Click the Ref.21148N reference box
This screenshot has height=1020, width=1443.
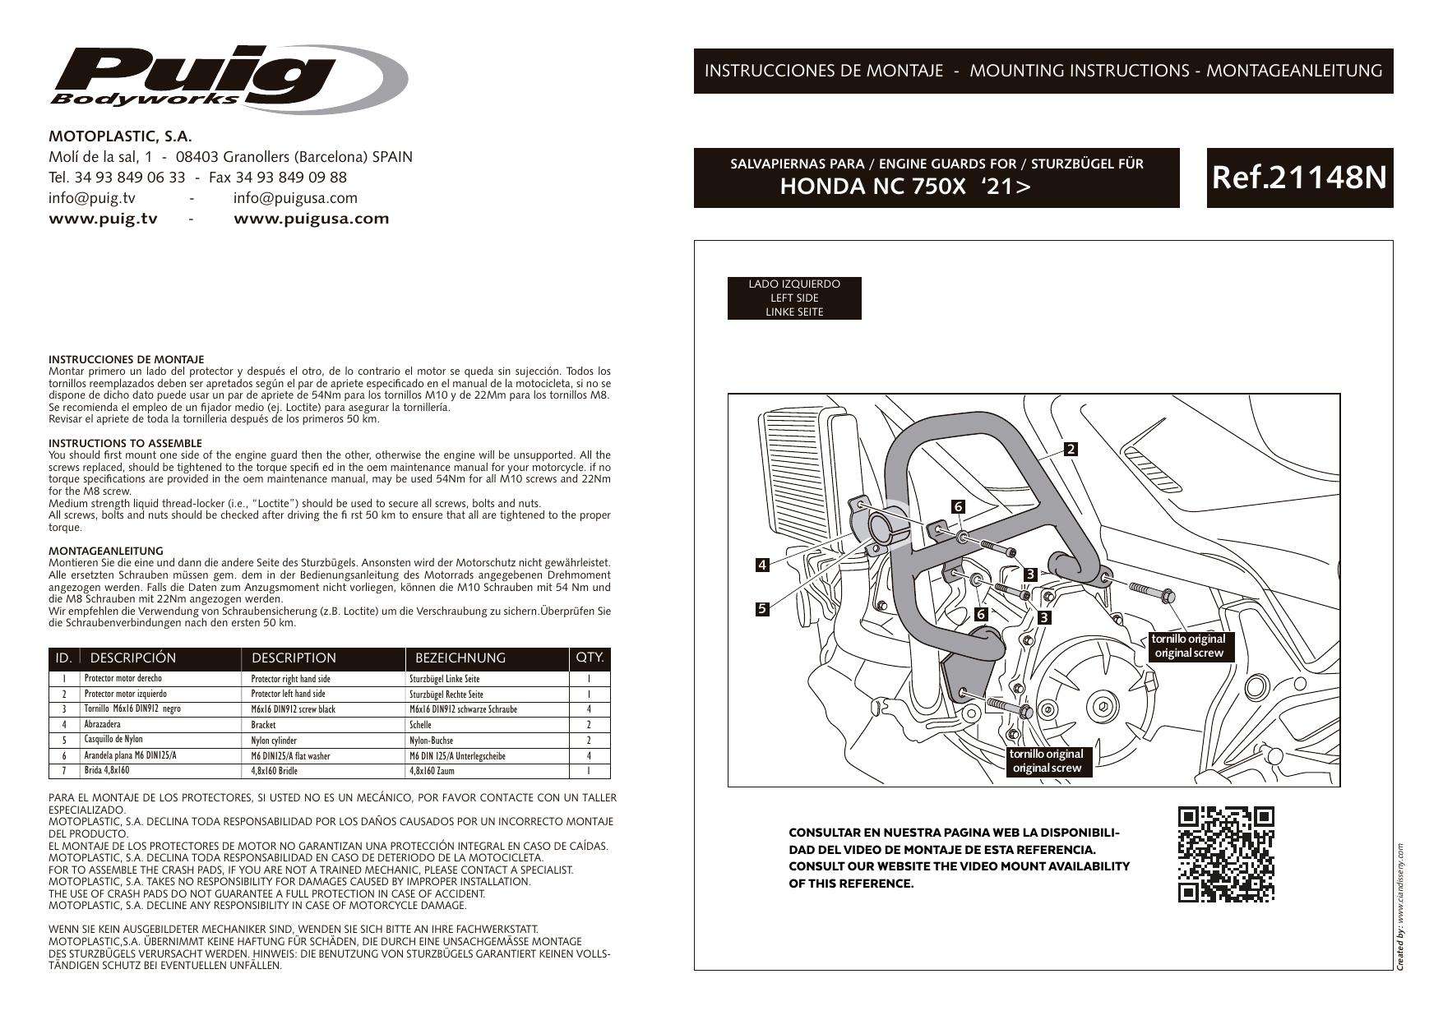(x=1299, y=178)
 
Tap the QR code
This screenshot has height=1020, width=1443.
(x=1226, y=855)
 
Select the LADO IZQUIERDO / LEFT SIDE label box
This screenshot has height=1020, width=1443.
(x=794, y=298)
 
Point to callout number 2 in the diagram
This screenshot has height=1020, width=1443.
(x=1071, y=449)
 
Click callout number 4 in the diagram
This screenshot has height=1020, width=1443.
(x=762, y=565)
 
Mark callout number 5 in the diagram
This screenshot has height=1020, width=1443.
(x=762, y=609)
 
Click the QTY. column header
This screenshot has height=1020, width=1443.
(x=590, y=658)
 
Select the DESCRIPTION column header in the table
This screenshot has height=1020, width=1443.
(x=294, y=658)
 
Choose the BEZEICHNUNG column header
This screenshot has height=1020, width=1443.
(x=460, y=658)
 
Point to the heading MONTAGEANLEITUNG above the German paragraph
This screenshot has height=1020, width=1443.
(x=106, y=551)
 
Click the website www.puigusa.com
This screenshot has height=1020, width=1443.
(x=312, y=219)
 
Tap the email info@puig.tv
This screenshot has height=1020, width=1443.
(x=92, y=198)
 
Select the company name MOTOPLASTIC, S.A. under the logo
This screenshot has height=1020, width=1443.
(x=120, y=136)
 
